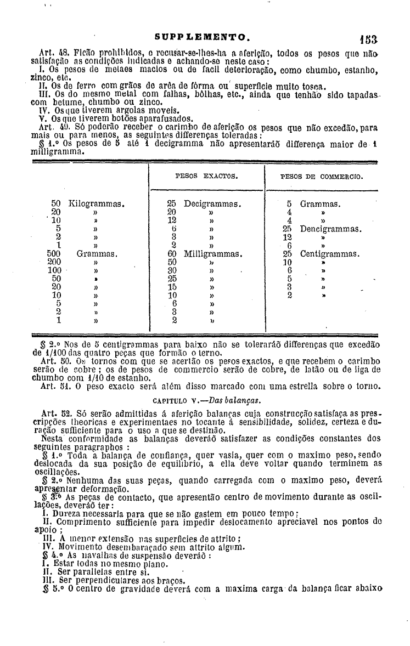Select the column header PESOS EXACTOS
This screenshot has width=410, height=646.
(x=206, y=177)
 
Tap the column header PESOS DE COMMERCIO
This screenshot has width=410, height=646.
(x=322, y=177)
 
